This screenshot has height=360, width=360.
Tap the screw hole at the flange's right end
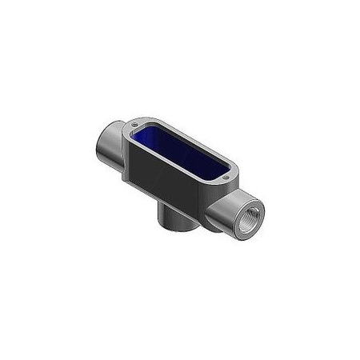coord(233,170)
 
